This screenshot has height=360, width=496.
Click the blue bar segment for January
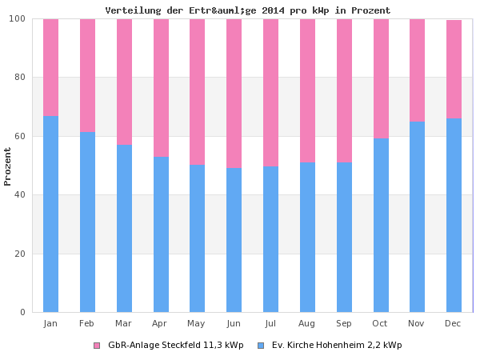[x=50, y=214]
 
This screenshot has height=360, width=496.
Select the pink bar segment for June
[x=234, y=93]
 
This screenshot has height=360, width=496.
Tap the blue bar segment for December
[x=454, y=215]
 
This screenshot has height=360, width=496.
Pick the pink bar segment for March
[x=124, y=82]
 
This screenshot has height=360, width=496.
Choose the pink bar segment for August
[x=307, y=90]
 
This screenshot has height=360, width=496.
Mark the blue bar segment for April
[x=161, y=234]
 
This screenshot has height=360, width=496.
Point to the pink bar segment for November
[x=417, y=70]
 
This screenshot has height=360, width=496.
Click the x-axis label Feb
[x=87, y=323]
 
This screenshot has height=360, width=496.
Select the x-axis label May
[x=197, y=323]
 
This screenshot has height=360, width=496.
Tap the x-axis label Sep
[x=344, y=323]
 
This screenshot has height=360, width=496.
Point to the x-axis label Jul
[x=270, y=323]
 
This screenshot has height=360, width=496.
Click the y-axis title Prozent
[x=8, y=166]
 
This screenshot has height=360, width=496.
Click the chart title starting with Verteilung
[x=248, y=10]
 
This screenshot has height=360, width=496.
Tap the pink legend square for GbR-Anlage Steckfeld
[x=97, y=346]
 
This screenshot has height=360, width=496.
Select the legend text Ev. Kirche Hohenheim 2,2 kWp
[x=336, y=346]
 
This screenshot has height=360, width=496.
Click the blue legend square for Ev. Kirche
[x=261, y=346]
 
